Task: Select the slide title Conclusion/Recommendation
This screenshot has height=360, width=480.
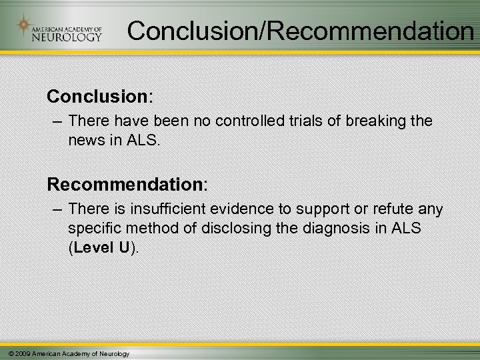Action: click(x=300, y=31)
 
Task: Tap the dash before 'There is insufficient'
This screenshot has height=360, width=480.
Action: click(x=55, y=210)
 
